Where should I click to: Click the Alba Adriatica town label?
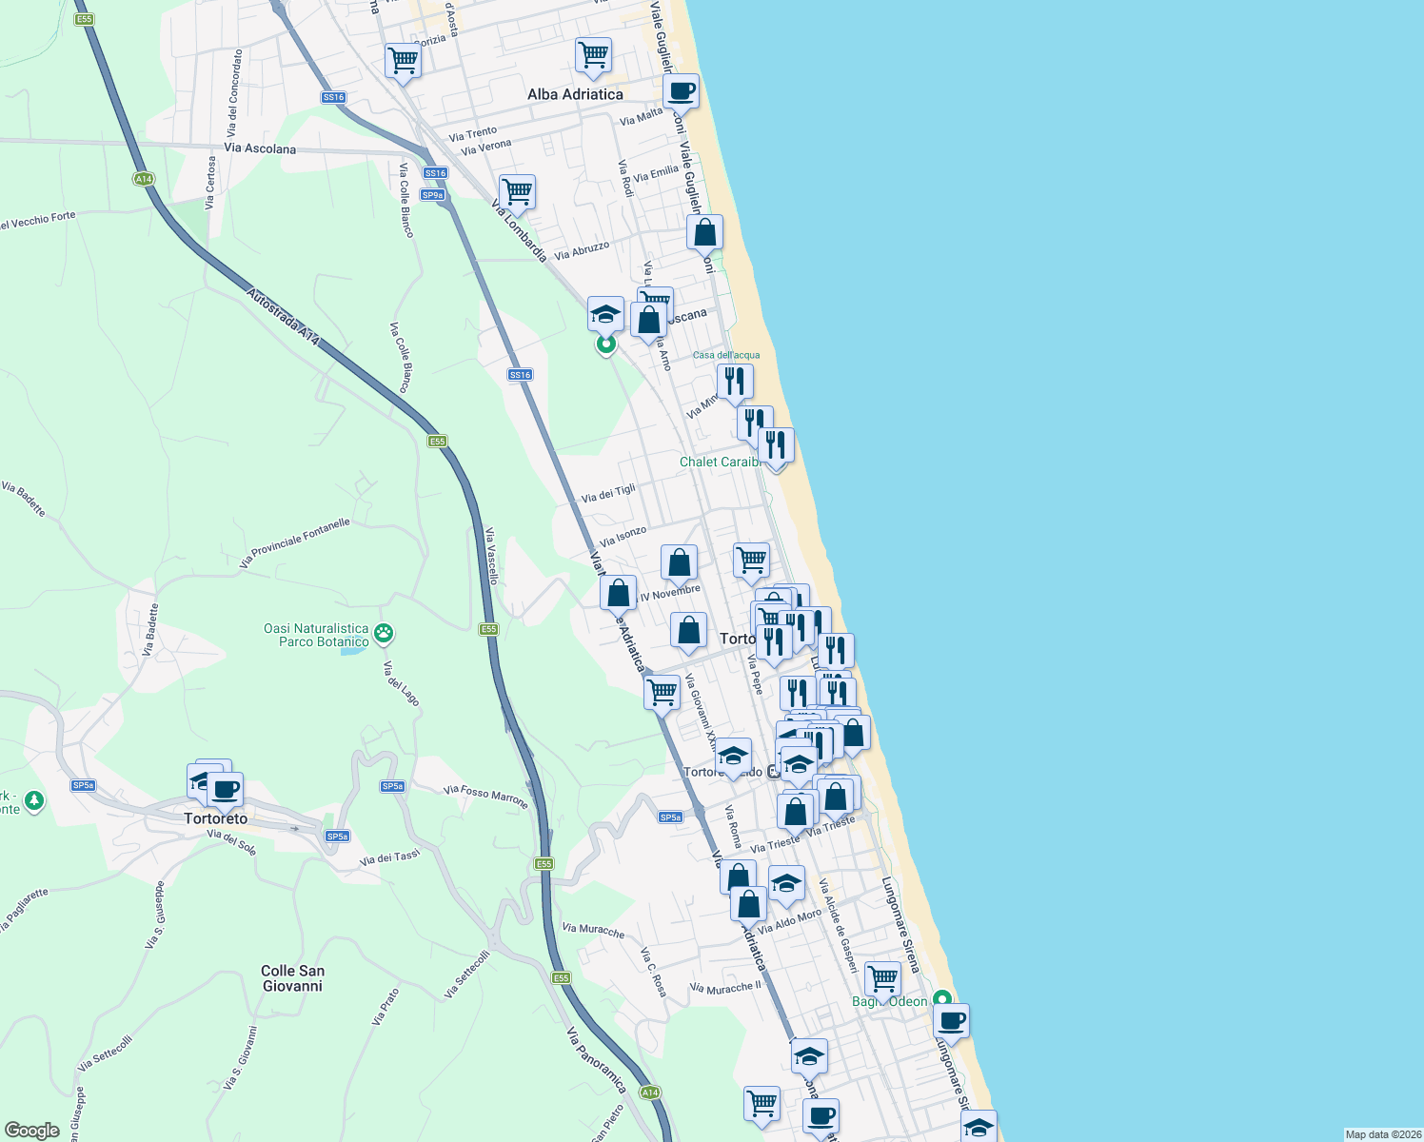(x=575, y=94)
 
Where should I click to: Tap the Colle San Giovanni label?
(x=292, y=978)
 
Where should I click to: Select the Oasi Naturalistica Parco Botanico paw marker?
(x=384, y=633)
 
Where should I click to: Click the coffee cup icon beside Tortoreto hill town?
(x=226, y=789)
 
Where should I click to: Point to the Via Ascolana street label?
(x=260, y=148)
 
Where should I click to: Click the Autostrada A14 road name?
(x=283, y=317)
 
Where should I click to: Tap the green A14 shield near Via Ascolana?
(x=144, y=179)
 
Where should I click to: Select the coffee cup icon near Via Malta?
(x=681, y=91)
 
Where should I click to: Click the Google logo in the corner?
(x=31, y=1131)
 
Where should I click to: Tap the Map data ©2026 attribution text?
(x=1381, y=1134)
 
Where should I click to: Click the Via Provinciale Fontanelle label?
(x=295, y=542)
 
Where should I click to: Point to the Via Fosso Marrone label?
(x=485, y=796)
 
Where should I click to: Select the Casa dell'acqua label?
(x=726, y=355)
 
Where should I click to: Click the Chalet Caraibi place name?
(x=721, y=462)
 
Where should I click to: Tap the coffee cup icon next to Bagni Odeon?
(x=951, y=1021)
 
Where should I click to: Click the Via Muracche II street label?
(x=725, y=987)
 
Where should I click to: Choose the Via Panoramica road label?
(x=596, y=1060)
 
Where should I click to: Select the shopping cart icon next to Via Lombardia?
(x=517, y=191)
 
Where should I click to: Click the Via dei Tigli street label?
(x=608, y=494)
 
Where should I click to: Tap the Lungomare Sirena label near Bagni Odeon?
(x=900, y=925)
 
